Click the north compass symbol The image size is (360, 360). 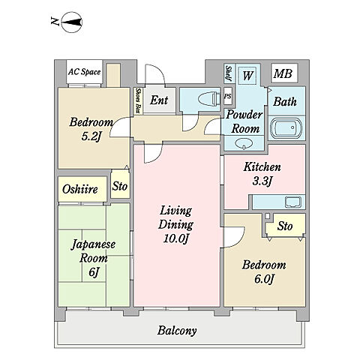click(71, 22)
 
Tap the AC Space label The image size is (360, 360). click(85, 72)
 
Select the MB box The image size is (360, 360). click(284, 73)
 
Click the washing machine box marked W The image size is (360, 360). click(247, 75)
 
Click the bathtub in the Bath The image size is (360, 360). click(287, 127)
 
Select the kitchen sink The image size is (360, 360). click(293, 202)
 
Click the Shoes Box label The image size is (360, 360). click(138, 100)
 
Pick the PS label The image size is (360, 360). click(227, 96)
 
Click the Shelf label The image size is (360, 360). click(228, 73)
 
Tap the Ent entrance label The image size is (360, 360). click(159, 100)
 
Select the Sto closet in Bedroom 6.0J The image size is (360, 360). click(286, 226)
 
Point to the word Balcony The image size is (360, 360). click(177, 331)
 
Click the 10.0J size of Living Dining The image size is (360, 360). click(175, 238)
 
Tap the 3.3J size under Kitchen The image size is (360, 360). click(262, 181)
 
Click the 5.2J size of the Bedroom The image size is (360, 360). click(91, 136)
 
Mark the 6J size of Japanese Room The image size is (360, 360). click(93, 272)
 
